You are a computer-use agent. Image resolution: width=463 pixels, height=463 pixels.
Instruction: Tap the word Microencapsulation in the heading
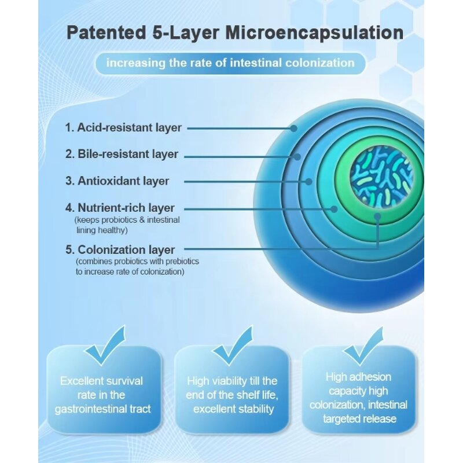point(314,32)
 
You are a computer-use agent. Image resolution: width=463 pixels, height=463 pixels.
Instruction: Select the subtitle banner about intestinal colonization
point(230,63)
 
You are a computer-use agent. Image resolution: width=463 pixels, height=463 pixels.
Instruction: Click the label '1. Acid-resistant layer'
point(123,127)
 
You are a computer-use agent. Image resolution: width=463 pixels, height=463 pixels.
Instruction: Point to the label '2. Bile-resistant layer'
point(122,155)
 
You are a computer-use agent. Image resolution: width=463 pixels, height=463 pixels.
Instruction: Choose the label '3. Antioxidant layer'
point(117,181)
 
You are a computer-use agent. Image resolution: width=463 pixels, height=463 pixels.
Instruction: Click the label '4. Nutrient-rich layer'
point(120,208)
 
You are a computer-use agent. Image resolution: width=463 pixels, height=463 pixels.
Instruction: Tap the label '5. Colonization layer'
point(120,250)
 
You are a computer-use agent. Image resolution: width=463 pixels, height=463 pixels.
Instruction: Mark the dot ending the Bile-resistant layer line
point(297,156)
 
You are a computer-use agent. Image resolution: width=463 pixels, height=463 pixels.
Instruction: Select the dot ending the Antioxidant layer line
point(308,181)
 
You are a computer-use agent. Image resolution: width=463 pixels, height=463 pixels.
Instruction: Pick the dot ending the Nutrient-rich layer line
point(334,208)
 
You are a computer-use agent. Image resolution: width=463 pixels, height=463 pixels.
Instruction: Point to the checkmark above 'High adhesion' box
point(363,346)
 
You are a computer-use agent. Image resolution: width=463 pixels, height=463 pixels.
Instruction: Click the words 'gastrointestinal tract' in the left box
point(102,409)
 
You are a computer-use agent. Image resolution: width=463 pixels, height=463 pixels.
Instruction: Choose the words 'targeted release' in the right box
point(359,418)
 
